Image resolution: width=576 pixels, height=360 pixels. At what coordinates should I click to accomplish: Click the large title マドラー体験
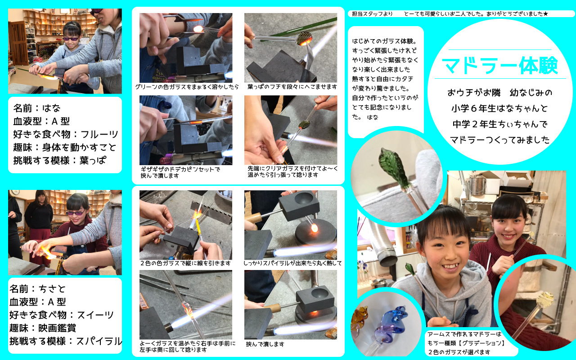[500, 65]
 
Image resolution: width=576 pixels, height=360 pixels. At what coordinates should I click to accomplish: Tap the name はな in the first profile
[51, 108]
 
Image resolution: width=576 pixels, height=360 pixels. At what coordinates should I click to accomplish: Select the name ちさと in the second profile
[52, 289]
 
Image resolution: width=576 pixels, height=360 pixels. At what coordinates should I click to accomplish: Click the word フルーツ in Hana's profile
[99, 134]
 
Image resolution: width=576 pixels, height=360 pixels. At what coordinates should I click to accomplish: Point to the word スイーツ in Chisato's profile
[95, 315]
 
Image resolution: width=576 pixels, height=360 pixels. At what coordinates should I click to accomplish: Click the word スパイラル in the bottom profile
[99, 341]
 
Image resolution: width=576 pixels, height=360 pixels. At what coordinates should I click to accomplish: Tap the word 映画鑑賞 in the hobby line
[57, 328]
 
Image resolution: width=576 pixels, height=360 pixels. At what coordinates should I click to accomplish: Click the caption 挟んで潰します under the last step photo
[265, 344]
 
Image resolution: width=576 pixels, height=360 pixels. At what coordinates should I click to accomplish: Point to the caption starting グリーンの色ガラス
[187, 87]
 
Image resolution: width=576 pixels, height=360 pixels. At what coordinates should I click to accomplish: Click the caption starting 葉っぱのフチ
[292, 87]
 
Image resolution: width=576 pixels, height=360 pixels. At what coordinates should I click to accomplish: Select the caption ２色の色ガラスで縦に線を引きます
[185, 263]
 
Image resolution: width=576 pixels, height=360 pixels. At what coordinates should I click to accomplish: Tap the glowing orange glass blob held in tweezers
[198, 29]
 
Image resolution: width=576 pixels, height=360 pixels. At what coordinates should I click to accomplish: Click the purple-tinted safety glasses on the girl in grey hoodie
[71, 39]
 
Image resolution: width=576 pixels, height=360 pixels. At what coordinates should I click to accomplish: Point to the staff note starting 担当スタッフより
[450, 13]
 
